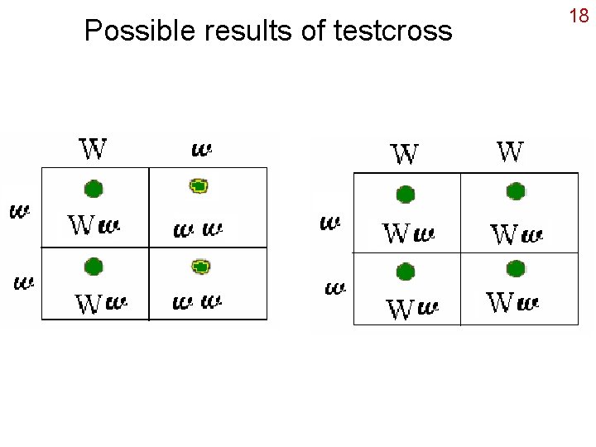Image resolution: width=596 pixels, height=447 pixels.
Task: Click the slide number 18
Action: pos(578,16)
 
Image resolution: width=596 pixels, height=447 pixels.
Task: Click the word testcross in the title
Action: pos(393,31)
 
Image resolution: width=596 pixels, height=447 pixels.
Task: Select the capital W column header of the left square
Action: pos(93,149)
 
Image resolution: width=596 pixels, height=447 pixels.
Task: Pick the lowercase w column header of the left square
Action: pos(202,150)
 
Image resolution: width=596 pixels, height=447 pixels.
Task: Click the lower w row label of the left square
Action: pos(24,283)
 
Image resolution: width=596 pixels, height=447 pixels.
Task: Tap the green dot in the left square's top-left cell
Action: pos(94,189)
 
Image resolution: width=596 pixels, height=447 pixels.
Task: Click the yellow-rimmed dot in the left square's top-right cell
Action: pos(199,186)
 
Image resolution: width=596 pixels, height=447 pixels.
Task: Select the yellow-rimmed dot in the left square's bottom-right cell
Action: pos(200,267)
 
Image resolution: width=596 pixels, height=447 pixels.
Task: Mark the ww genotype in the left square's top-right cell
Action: pos(198,228)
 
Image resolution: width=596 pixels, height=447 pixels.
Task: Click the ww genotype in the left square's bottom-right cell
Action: pos(198,303)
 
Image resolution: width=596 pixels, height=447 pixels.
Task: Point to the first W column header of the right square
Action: pos(405,154)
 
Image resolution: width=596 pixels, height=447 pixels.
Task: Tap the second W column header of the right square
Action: pos(510,151)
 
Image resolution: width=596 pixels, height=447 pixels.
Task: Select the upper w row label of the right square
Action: pos(330,223)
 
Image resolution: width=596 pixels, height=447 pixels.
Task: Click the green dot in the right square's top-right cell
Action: pos(516,192)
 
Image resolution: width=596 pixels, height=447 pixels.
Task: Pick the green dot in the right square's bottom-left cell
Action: pos(405,272)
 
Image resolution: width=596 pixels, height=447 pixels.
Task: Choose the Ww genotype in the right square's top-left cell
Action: pos(409,234)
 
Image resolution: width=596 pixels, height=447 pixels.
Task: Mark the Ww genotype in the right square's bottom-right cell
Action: pos(514,303)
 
